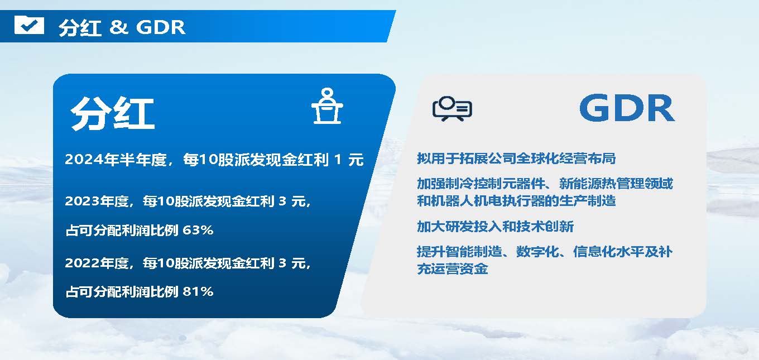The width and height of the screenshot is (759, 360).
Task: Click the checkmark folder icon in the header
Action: point(29,25)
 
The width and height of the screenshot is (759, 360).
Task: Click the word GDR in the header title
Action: point(161,27)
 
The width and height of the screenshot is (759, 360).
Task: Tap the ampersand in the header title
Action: point(118,27)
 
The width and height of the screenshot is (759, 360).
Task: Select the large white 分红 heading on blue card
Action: point(113,113)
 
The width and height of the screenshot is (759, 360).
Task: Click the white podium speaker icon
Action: point(327,105)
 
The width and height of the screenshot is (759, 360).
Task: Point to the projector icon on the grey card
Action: point(452,108)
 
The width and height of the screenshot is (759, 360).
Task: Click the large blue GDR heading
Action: point(627,108)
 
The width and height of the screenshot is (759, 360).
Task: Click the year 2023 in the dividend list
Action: point(81,201)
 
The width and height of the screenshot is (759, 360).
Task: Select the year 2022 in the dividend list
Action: point(81,263)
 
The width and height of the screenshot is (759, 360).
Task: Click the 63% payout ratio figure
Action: point(198,231)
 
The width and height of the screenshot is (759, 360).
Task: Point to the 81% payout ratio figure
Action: point(198,291)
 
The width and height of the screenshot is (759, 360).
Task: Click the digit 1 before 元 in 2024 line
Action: point(338,160)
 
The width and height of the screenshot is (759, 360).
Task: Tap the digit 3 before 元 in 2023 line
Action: point(282,201)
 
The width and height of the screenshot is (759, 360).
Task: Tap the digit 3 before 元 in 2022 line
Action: point(282,263)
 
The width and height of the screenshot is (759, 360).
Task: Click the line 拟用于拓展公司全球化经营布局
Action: point(516,159)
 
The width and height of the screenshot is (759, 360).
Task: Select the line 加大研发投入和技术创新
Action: point(495,227)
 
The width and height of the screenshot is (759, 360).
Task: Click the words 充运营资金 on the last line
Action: point(453,269)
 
